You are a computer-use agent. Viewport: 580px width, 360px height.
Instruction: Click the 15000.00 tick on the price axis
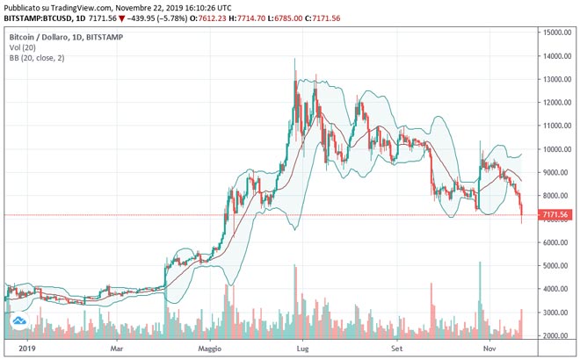tap(558, 32)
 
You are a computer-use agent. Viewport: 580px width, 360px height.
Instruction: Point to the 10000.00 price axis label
tap(558, 148)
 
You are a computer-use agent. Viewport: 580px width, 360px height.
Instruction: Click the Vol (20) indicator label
tap(24, 49)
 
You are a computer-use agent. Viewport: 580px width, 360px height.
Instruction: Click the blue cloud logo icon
tap(18, 321)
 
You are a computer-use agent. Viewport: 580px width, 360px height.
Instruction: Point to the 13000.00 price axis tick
tap(558, 79)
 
